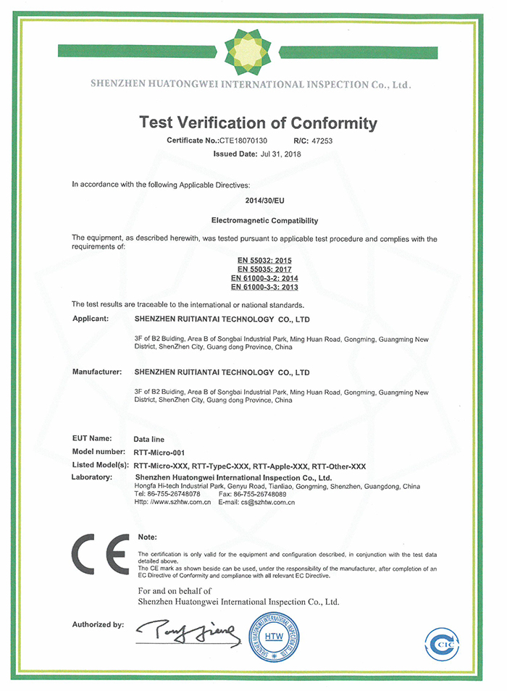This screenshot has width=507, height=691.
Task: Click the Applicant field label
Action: (91, 318)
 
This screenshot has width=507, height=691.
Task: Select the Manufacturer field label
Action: (96, 372)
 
